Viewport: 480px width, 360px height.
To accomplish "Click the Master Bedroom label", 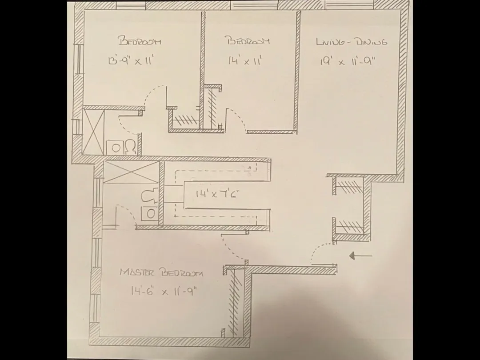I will click(x=161, y=272).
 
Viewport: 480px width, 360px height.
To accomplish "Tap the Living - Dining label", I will click(x=351, y=42).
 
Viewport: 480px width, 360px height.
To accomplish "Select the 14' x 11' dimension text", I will click(x=243, y=60).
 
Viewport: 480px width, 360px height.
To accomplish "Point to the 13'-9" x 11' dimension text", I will click(x=128, y=61).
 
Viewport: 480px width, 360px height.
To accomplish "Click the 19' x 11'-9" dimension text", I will click(x=348, y=61).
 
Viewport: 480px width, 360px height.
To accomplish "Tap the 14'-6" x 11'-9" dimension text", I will click(x=163, y=292).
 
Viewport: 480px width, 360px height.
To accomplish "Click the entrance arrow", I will click(x=360, y=256).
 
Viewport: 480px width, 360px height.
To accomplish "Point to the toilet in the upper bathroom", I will click(x=130, y=147).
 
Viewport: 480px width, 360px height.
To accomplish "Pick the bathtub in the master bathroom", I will click(x=131, y=172).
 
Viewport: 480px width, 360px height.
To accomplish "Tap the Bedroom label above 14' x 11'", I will click(x=248, y=41).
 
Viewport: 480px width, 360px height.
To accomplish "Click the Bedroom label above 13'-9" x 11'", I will click(x=139, y=42).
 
